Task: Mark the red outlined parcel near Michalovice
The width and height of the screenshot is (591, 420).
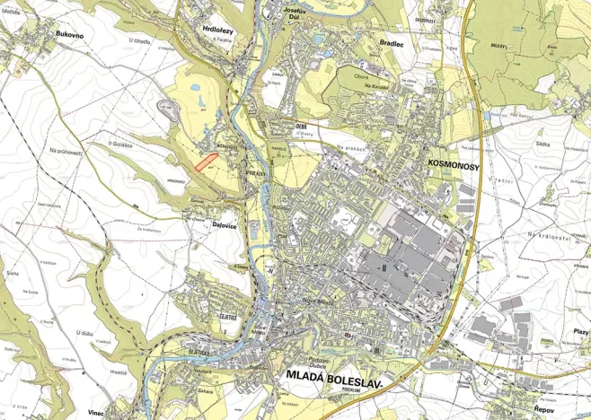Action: coord(207,161)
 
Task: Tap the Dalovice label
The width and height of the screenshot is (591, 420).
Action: coord(199,226)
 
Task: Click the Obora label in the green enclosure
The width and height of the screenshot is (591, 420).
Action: coord(360,76)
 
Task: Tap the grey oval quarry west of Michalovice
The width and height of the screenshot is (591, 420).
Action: coord(168,108)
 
